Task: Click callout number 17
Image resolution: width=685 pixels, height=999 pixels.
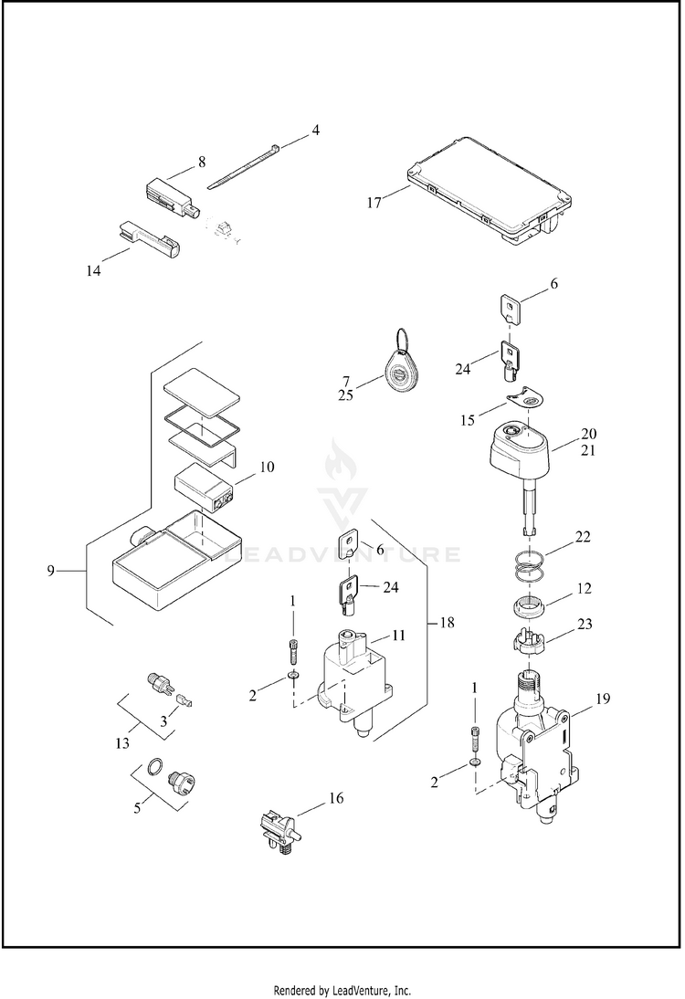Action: pyautogui.click(x=374, y=203)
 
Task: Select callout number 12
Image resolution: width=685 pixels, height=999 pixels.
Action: pyautogui.click(x=584, y=588)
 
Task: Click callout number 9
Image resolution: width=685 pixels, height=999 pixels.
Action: pyautogui.click(x=51, y=571)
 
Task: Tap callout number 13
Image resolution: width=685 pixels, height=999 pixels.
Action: pyautogui.click(x=122, y=743)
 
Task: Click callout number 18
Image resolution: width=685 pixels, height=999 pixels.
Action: pyautogui.click(x=448, y=622)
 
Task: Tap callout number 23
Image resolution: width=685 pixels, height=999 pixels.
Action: pyautogui.click(x=585, y=624)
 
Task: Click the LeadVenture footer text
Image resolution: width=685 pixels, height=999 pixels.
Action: pyautogui.click(x=342, y=990)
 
